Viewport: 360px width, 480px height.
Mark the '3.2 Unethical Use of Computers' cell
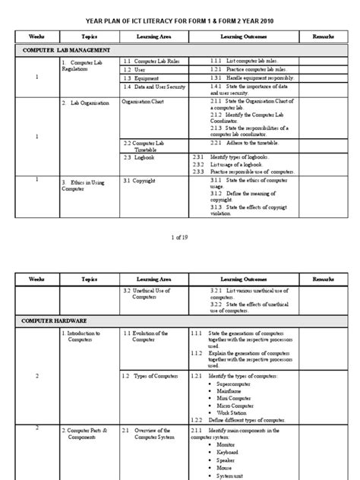[x=148, y=295]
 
